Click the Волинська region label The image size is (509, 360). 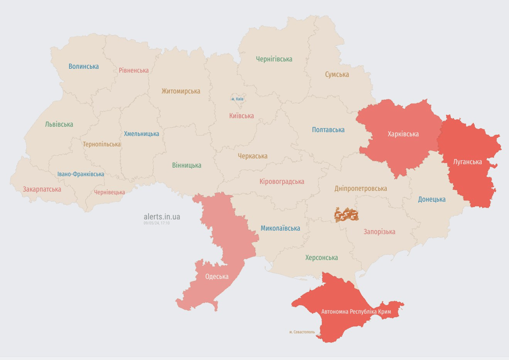[x=83, y=66]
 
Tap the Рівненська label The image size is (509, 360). [x=134, y=70]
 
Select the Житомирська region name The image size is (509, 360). [x=181, y=91]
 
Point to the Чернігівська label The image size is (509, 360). [x=274, y=59]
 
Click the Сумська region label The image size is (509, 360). [x=337, y=74]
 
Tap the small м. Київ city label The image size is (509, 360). [x=237, y=99]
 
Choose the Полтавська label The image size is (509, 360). [x=328, y=130]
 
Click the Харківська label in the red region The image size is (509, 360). [x=403, y=134]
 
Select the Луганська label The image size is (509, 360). [x=467, y=162]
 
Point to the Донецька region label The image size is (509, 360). [x=432, y=199]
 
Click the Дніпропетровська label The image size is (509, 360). [x=360, y=188]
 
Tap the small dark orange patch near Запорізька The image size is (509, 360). [x=346, y=215]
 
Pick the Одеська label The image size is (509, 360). [x=217, y=277]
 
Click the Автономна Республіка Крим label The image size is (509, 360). [x=356, y=312]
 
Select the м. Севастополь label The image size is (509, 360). [x=302, y=332]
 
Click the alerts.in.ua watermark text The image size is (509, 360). [x=162, y=217]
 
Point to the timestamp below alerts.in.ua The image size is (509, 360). [x=157, y=223]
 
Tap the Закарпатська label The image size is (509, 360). [x=42, y=189]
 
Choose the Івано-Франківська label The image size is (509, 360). [x=81, y=174]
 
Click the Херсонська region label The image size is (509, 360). [x=321, y=257]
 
